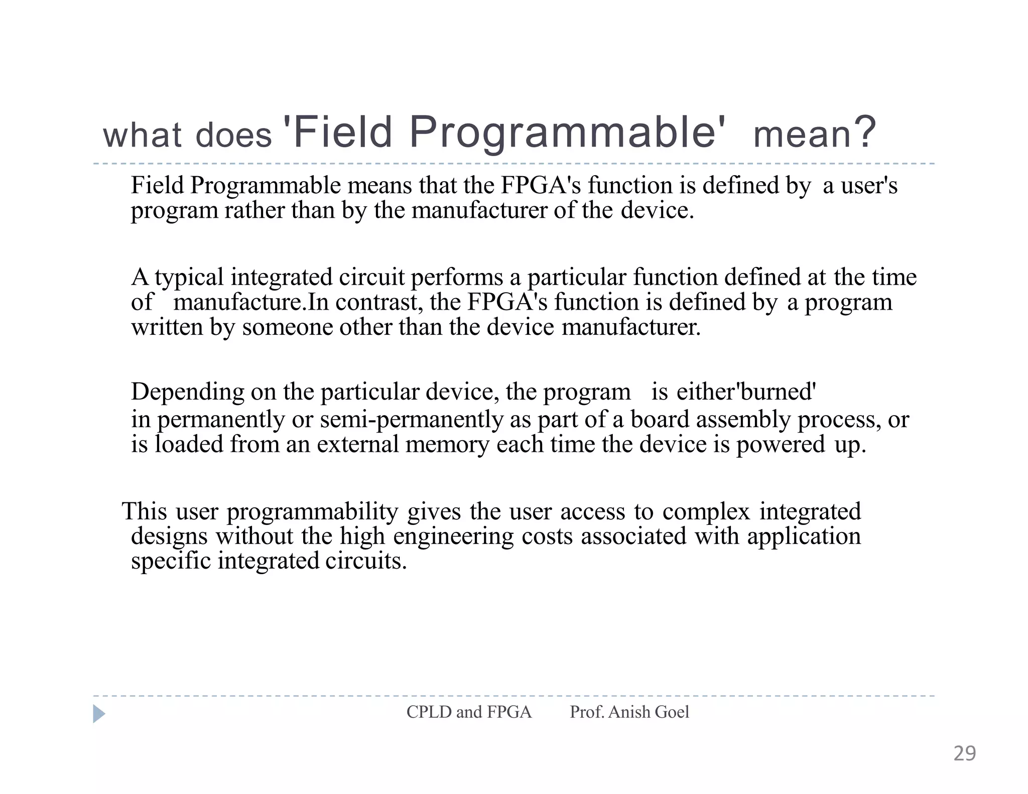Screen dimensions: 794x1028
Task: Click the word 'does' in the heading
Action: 233,136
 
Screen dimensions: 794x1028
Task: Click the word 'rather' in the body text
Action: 254,210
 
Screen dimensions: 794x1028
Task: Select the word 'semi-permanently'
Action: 411,419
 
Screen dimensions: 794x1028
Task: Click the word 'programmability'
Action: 312,512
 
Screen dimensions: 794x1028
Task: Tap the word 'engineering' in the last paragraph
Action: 453,537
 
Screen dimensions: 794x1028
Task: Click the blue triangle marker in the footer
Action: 99,714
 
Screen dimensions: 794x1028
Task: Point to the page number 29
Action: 964,754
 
